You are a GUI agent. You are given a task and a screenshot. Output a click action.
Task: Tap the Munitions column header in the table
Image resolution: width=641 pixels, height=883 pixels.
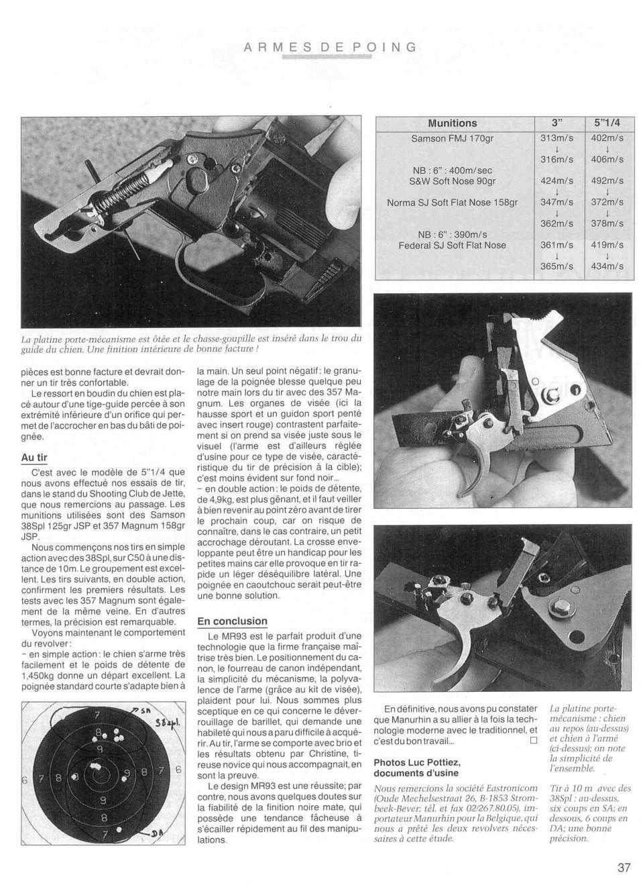[453, 123]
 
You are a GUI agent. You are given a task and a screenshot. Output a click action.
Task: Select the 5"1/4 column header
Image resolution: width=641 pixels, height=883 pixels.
[606, 123]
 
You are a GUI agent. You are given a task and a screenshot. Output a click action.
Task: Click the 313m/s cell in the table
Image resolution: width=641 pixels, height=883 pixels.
[557, 138]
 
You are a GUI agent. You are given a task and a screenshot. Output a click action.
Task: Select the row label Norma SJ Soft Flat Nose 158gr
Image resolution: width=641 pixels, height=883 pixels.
[453, 202]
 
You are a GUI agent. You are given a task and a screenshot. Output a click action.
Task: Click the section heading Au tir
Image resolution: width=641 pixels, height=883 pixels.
[34, 458]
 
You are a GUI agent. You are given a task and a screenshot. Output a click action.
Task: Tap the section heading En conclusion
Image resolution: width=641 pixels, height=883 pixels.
[232, 621]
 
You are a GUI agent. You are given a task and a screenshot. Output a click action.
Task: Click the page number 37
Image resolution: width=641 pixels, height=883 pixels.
[624, 867]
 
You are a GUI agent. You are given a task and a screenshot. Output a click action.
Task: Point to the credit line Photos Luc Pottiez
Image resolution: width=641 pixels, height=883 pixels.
[416, 762]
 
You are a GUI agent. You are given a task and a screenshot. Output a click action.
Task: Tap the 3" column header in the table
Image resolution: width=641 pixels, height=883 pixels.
[557, 123]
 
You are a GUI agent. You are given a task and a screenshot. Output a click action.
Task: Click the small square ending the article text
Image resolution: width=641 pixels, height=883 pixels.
[534, 741]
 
